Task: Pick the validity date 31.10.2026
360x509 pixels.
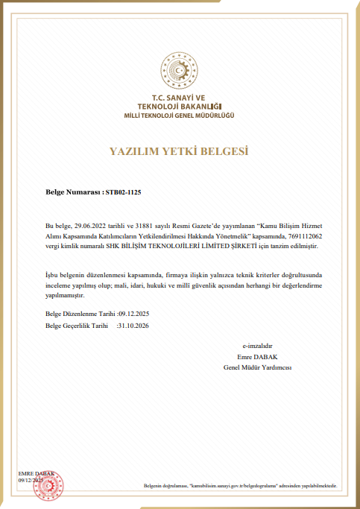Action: [x=134, y=326]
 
